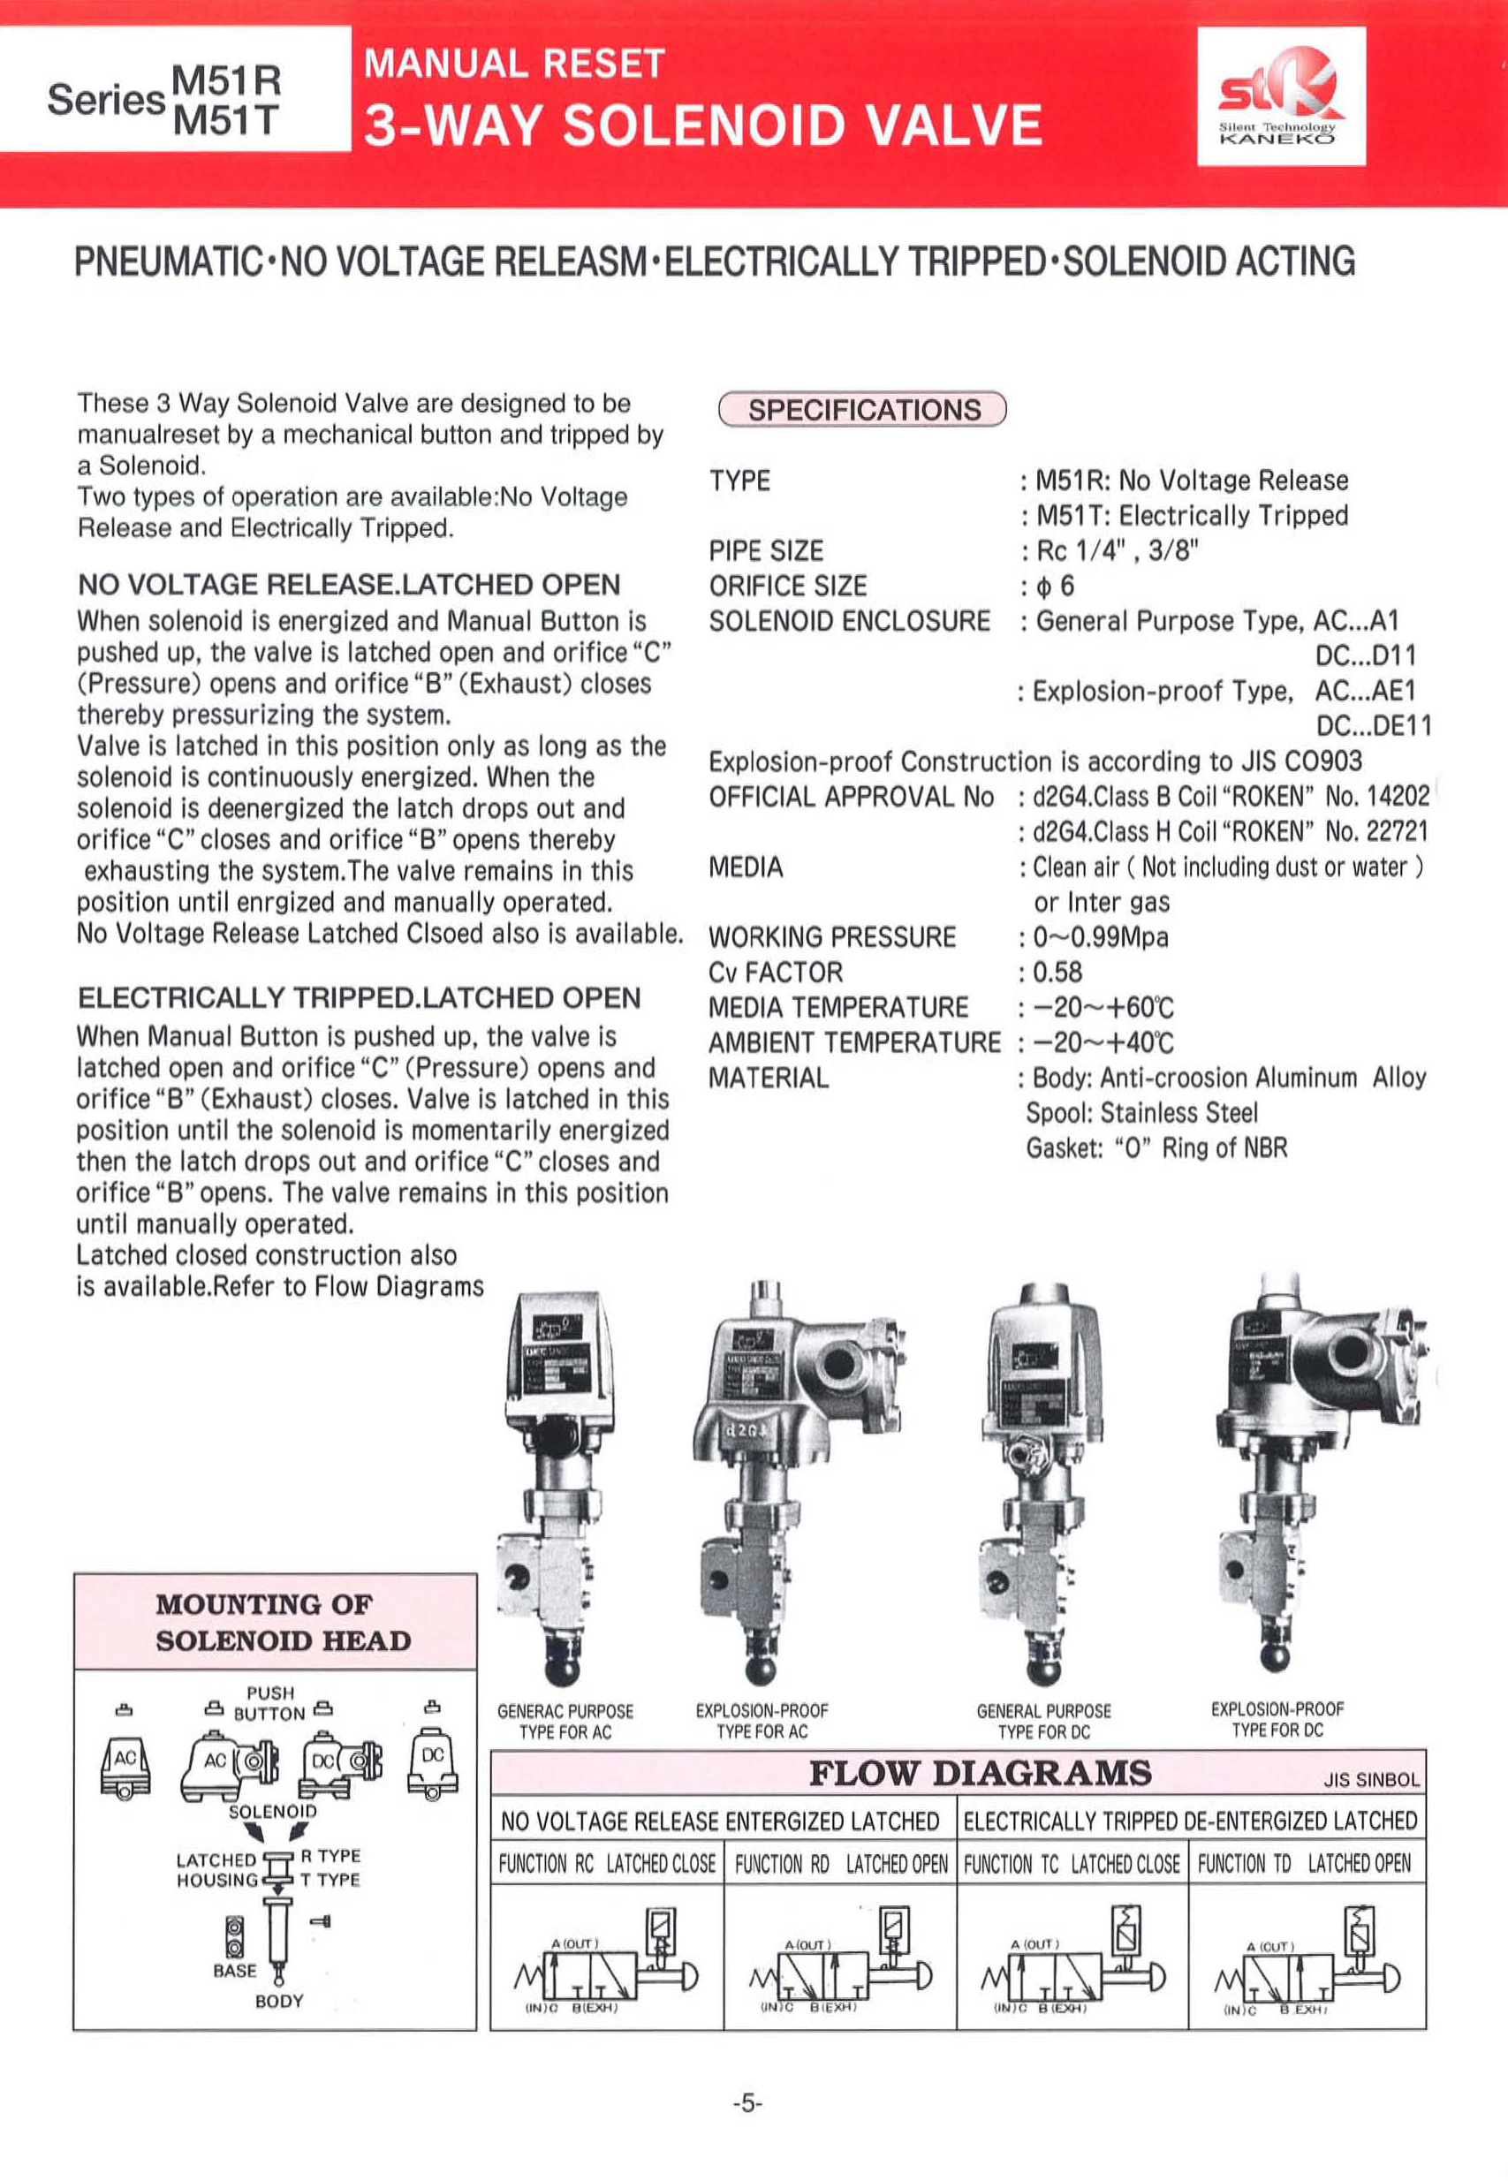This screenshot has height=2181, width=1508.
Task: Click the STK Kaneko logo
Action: click(x=1280, y=96)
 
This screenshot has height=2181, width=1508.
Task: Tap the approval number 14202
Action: click(x=1376, y=796)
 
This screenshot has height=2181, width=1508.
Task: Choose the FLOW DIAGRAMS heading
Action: click(x=980, y=1773)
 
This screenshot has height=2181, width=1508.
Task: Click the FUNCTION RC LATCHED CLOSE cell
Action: click(x=607, y=1864)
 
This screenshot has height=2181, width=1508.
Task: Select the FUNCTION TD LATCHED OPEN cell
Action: click(x=1304, y=1864)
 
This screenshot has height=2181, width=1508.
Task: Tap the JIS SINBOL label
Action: click(x=1371, y=1780)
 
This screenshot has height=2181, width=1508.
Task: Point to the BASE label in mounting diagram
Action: click(x=234, y=1971)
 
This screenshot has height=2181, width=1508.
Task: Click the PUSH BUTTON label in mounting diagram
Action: click(x=270, y=1702)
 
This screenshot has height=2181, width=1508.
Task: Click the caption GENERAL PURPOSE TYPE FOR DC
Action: click(x=1043, y=1721)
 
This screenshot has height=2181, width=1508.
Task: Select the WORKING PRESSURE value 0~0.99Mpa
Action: click(x=1101, y=937)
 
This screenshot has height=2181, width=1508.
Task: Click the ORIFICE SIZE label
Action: click(x=787, y=587)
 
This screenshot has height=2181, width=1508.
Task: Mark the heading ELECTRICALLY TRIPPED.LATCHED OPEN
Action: click(x=359, y=998)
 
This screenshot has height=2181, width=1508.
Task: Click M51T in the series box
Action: click(x=227, y=120)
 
